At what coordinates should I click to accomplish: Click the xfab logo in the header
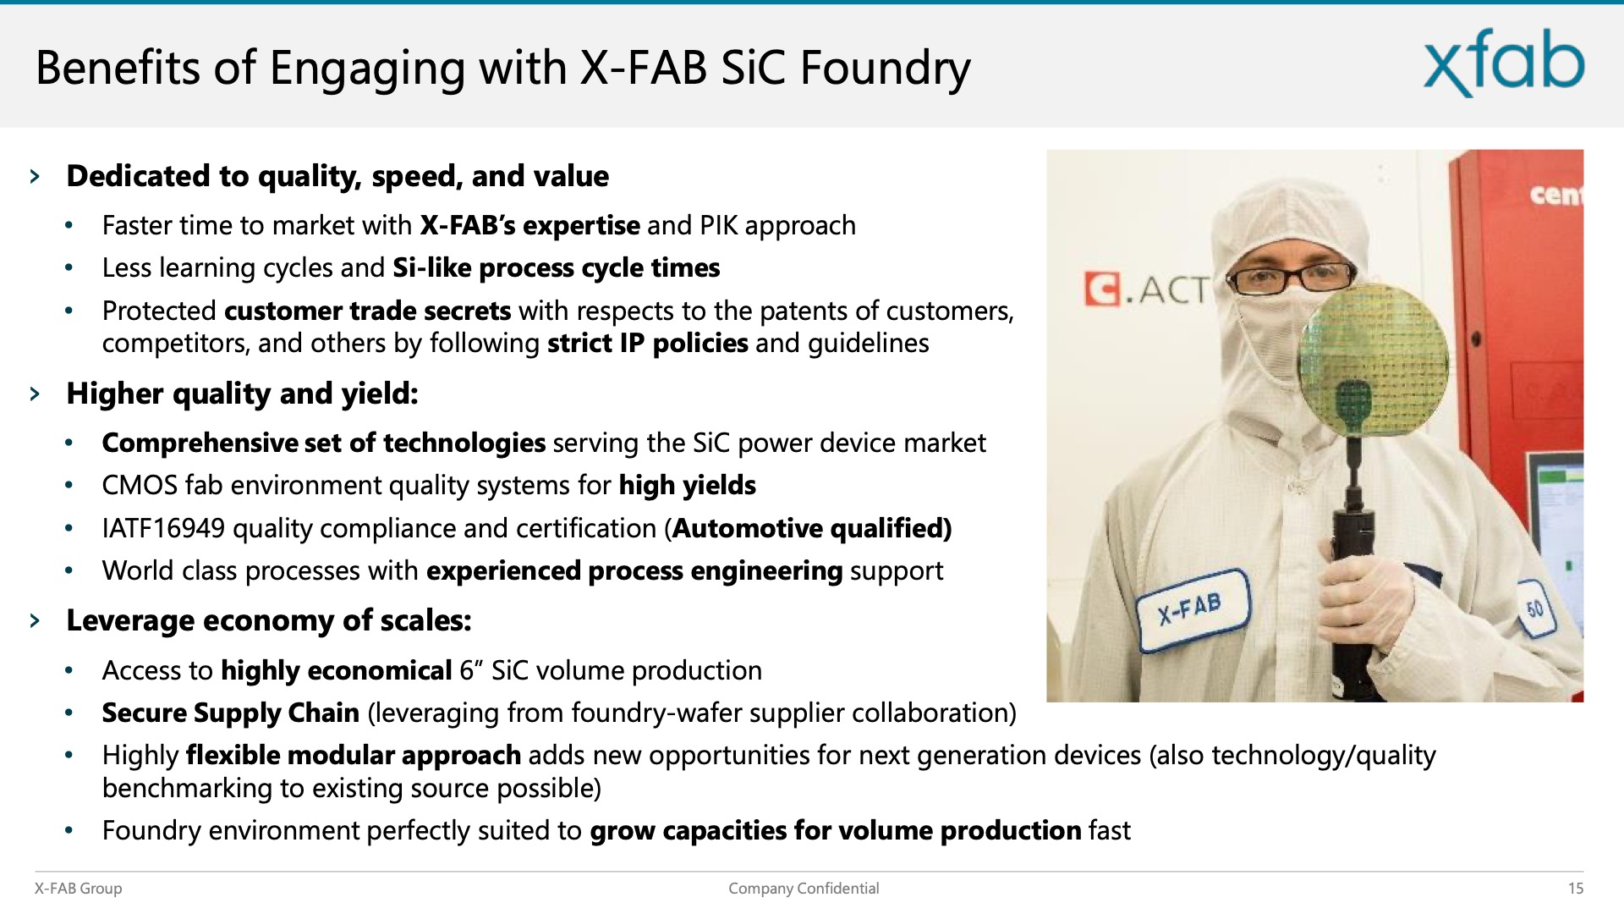pyautogui.click(x=1504, y=63)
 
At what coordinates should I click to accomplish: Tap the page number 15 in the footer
pyautogui.click(x=1575, y=888)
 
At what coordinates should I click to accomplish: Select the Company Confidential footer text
pyautogui.click(x=804, y=888)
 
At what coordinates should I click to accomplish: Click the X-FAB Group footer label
pyautogui.click(x=78, y=888)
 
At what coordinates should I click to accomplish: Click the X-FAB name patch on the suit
pyautogui.click(x=1191, y=609)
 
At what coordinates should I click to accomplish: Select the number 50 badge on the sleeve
pyautogui.click(x=1536, y=608)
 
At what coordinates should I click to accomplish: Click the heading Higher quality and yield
pyautogui.click(x=243, y=394)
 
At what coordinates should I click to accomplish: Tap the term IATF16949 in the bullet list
pyautogui.click(x=163, y=528)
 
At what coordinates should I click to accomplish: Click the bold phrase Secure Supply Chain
pyautogui.click(x=231, y=713)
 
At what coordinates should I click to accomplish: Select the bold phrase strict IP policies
pyautogui.click(x=648, y=343)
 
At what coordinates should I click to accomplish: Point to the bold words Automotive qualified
pyautogui.click(x=811, y=528)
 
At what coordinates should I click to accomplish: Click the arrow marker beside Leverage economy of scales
pyautogui.click(x=35, y=620)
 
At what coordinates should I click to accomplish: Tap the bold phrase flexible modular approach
pyautogui.click(x=354, y=755)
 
